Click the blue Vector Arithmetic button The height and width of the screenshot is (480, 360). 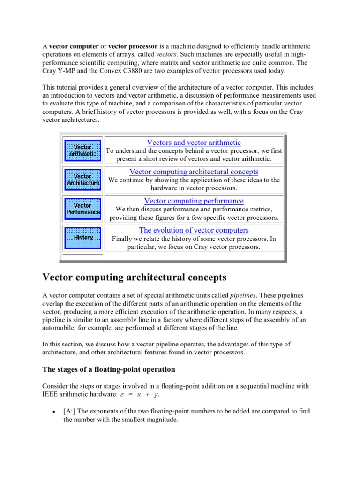pos(82,150)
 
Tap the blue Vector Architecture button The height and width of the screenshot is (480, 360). pos(83,180)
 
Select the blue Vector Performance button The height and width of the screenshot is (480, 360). pos(83,209)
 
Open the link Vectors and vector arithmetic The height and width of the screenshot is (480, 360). pos(194,142)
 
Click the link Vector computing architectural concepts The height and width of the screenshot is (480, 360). pos(194,172)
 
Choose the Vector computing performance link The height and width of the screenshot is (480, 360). pos(194,201)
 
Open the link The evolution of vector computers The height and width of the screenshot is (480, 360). pos(194,230)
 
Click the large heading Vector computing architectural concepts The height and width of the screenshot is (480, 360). pos(135,277)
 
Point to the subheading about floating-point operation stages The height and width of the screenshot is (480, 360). pos(109,369)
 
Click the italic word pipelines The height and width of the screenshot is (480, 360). pos(243,295)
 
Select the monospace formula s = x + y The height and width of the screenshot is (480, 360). pos(140,395)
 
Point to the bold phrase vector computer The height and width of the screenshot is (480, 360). pos(74,46)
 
